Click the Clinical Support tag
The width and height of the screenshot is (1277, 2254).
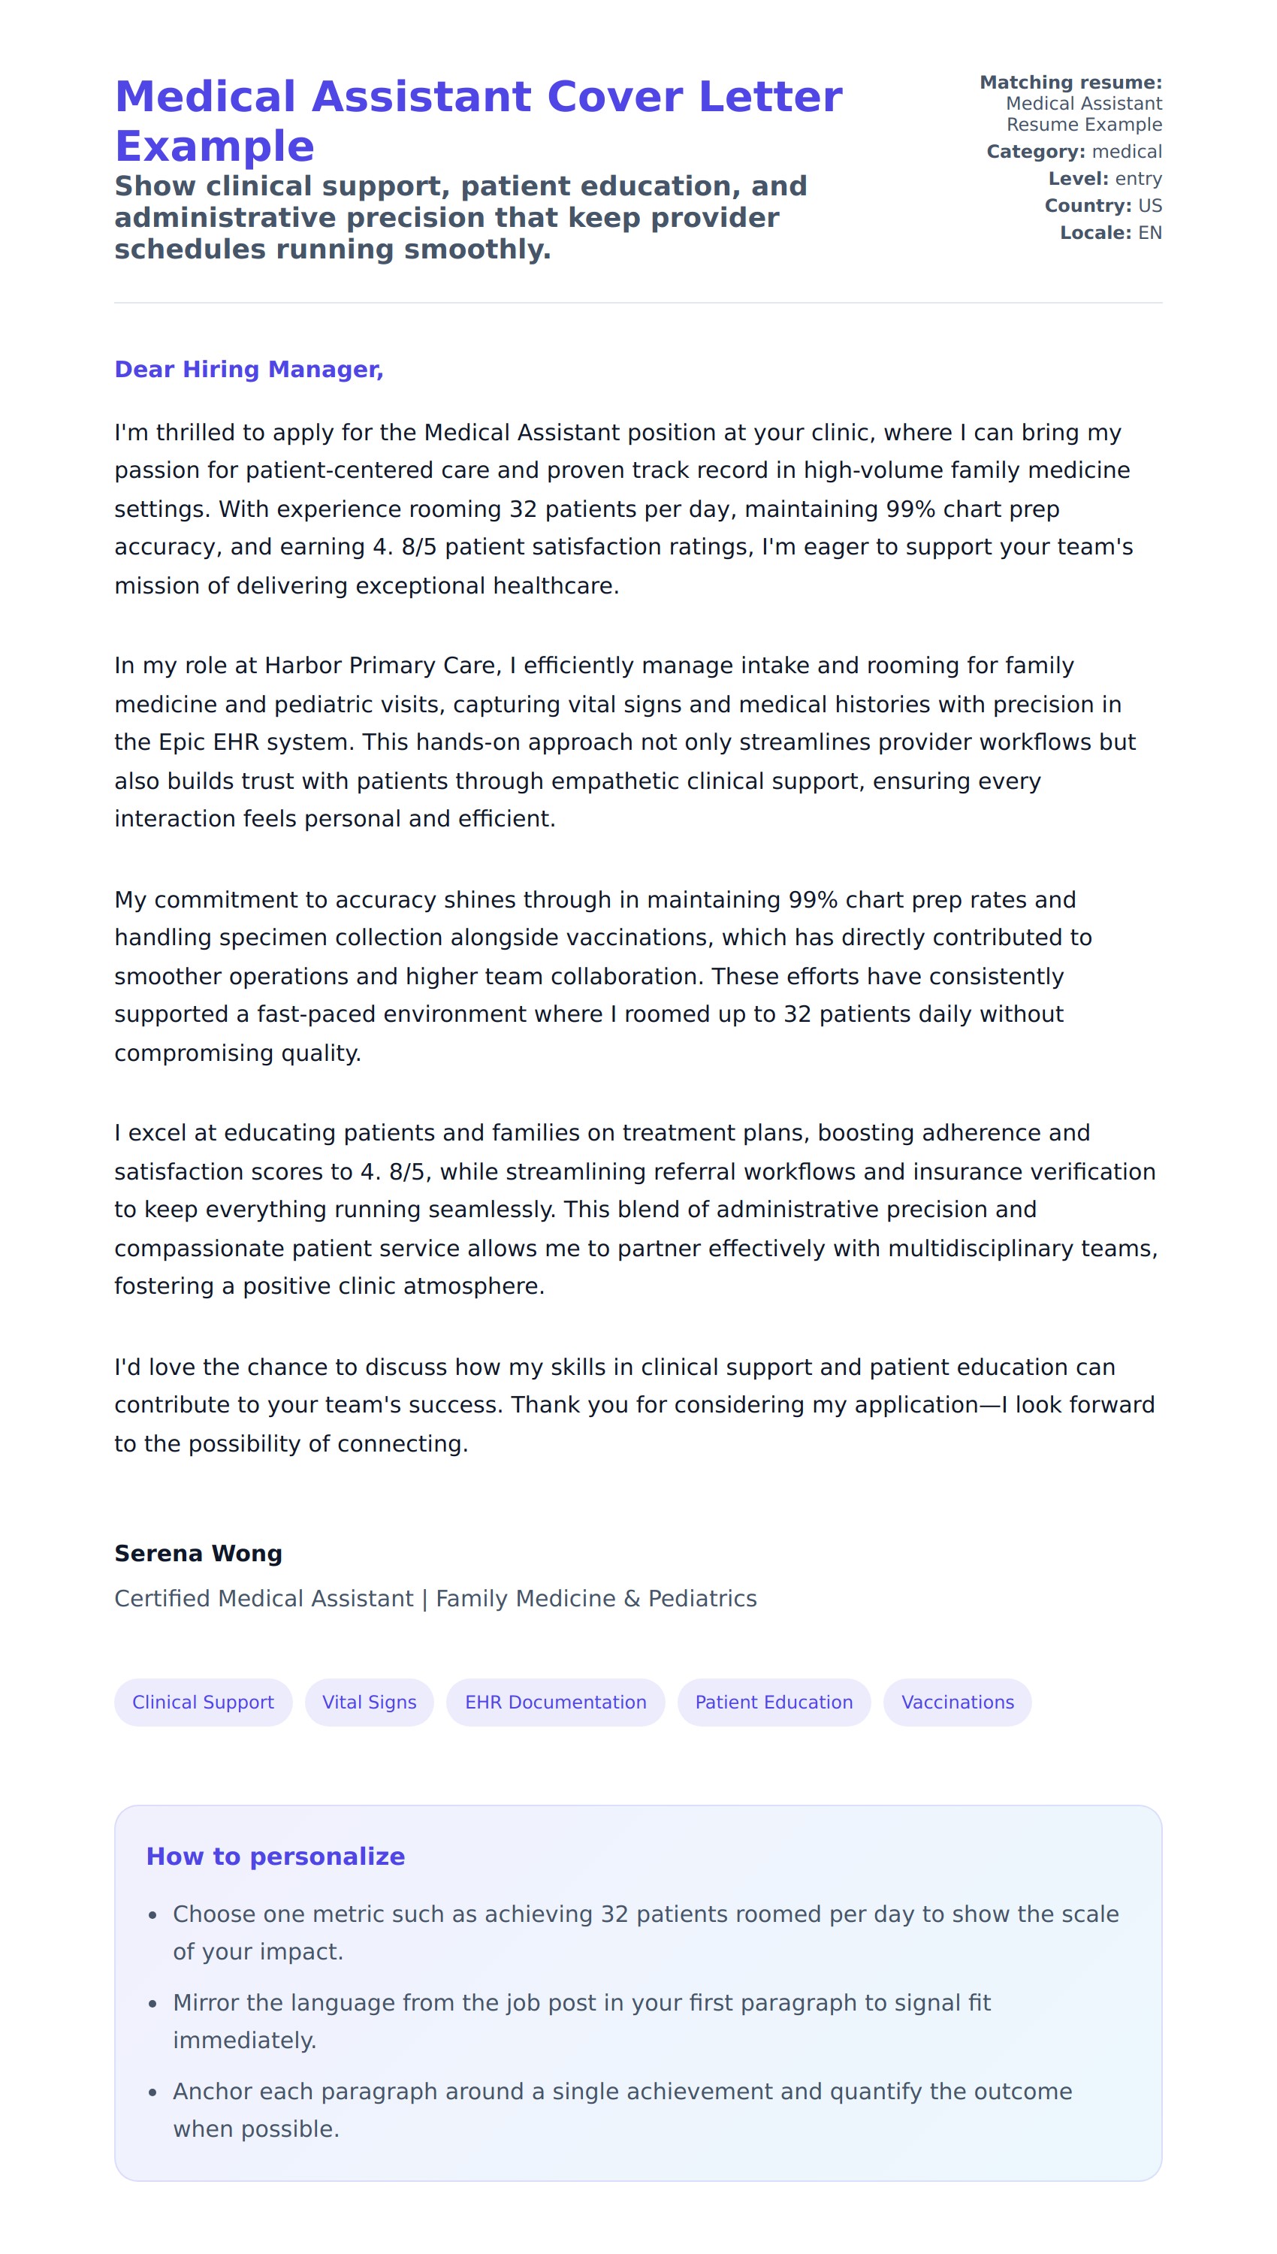click(203, 1703)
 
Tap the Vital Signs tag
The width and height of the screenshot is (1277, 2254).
click(370, 1703)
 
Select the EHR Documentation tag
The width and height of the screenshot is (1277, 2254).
click(555, 1703)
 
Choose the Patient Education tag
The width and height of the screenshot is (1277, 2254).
click(774, 1703)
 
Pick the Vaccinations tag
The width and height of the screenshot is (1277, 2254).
click(957, 1703)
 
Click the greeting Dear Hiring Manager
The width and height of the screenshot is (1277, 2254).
click(249, 369)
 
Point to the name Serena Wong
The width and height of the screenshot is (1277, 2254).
click(198, 1553)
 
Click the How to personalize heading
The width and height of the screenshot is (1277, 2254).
click(276, 1856)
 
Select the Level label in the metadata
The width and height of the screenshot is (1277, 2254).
click(1078, 179)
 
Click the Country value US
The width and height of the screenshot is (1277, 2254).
click(1150, 206)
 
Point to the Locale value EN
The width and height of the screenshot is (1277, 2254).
click(1150, 234)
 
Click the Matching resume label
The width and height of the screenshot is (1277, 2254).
click(1070, 83)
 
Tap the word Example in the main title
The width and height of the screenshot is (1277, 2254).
click(215, 147)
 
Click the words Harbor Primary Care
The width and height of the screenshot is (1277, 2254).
click(382, 666)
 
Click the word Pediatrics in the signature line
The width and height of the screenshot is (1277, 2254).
click(702, 1599)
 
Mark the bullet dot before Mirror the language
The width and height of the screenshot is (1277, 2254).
click(153, 2004)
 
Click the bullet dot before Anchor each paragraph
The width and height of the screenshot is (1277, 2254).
click(153, 2092)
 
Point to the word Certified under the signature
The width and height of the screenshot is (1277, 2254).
click(163, 1599)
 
